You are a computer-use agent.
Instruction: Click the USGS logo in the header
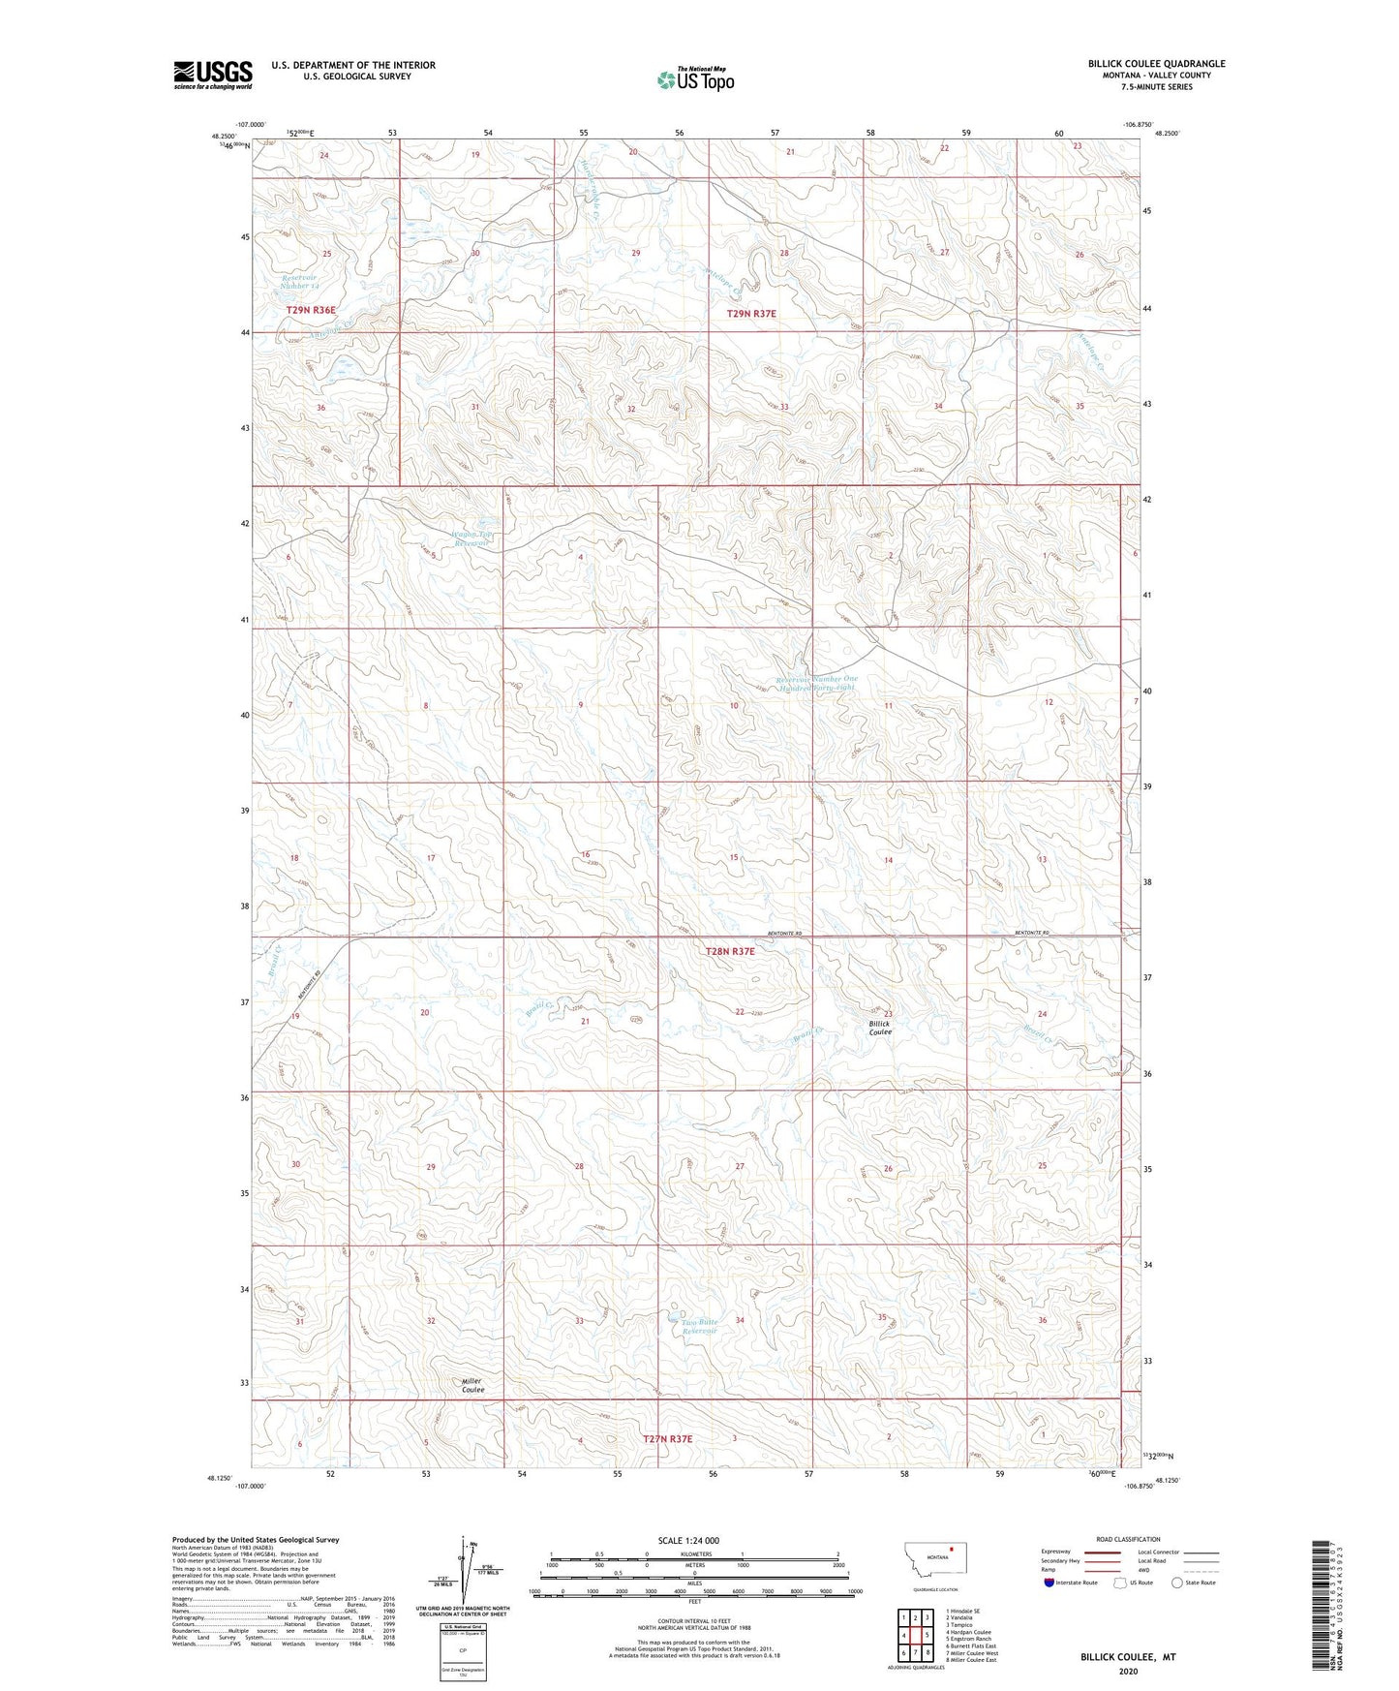(x=212, y=75)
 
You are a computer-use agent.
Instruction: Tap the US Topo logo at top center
(x=695, y=79)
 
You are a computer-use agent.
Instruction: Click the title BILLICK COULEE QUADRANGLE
(x=1156, y=64)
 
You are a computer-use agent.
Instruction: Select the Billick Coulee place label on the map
(x=879, y=1028)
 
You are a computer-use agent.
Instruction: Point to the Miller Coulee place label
(x=472, y=1385)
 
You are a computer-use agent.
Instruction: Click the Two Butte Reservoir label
(x=698, y=1327)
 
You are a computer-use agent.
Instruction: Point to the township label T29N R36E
(x=311, y=310)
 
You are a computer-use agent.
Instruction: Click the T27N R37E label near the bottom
(x=668, y=1439)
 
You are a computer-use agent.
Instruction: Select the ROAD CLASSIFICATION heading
(x=1128, y=1539)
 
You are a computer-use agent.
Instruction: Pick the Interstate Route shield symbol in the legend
(x=1050, y=1583)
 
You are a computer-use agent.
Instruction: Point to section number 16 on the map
(x=585, y=854)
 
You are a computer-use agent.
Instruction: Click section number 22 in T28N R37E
(x=740, y=1012)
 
